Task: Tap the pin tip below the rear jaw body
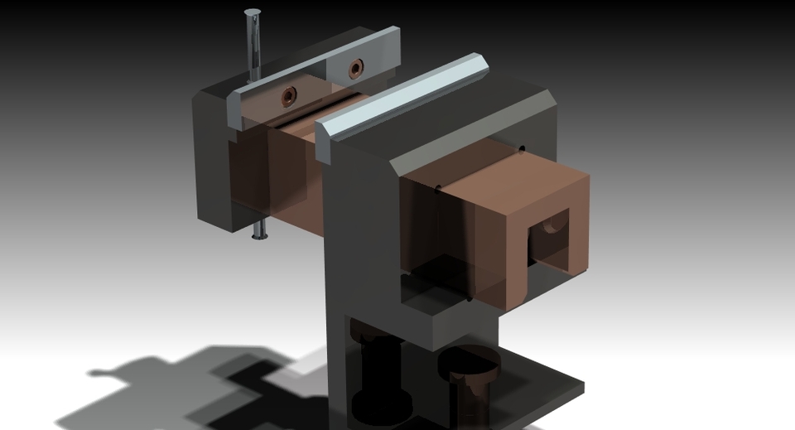260,235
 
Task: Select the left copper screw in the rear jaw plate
288,96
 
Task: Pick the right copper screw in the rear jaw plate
356,69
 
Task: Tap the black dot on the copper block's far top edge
522,150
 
